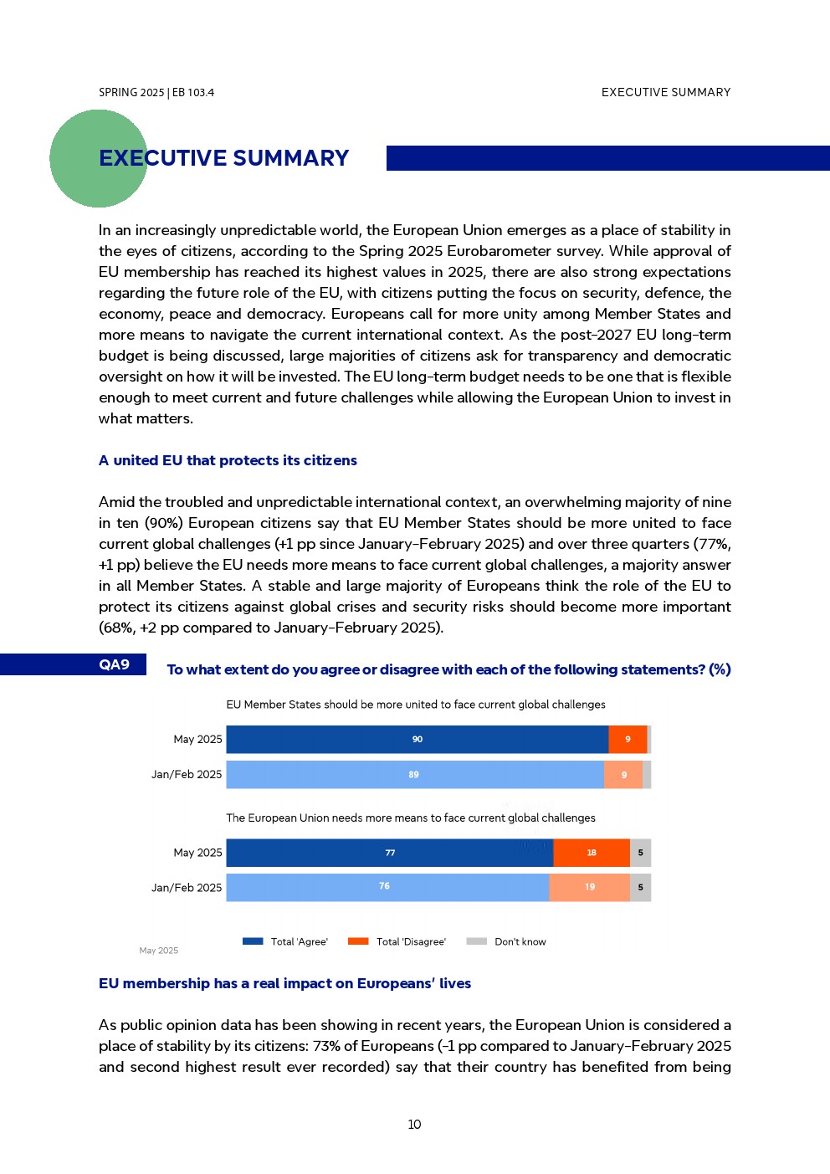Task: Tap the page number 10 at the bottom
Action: point(414,1125)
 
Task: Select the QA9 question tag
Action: point(115,664)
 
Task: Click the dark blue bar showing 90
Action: point(417,740)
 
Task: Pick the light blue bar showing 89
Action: point(414,775)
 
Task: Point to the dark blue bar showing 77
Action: point(390,853)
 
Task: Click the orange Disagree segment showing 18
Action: point(592,853)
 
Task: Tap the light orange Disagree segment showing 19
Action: point(590,887)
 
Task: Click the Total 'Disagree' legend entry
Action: point(397,941)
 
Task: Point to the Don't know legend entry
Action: point(507,941)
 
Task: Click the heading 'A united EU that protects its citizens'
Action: point(228,460)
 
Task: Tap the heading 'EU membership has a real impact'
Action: point(284,983)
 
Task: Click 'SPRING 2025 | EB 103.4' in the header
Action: point(156,93)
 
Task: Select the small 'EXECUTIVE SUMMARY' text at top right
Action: point(666,93)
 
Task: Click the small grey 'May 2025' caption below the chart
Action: point(158,951)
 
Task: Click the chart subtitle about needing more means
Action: point(411,818)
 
